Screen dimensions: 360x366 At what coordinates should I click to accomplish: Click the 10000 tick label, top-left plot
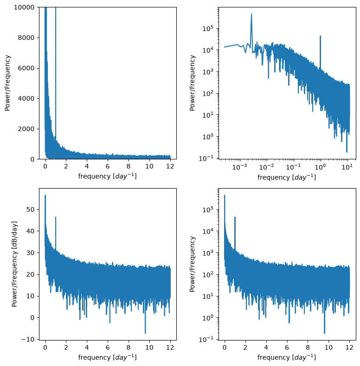24,7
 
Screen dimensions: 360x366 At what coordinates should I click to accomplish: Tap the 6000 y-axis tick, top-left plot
26,68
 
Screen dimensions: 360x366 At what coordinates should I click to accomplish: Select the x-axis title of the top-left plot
107,176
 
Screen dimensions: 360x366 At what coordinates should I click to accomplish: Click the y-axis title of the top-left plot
7,83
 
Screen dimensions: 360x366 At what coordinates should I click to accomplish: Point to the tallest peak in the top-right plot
251,14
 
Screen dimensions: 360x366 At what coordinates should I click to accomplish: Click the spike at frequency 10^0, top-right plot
320,36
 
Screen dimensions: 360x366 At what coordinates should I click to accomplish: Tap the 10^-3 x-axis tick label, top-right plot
239,167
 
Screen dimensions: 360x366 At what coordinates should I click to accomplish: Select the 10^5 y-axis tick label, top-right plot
208,28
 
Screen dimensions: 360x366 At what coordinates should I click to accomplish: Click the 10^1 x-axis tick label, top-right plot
347,167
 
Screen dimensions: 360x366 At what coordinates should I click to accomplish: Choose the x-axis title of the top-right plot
287,177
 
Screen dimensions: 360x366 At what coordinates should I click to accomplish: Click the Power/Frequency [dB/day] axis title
14,264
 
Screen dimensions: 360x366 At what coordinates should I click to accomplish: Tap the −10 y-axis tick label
27,339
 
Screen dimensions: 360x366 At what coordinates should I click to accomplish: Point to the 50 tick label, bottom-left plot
31,209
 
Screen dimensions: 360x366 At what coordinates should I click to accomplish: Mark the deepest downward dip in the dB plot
145,333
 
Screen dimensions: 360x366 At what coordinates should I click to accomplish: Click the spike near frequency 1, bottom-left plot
56,217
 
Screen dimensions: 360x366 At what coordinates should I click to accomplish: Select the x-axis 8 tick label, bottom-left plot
129,347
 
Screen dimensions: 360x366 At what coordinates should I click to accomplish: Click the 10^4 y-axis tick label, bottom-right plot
208,231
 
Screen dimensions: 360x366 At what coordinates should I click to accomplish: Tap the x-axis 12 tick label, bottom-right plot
349,347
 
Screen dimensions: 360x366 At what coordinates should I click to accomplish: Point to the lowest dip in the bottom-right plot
324,333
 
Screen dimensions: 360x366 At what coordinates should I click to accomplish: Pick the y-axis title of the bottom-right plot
193,264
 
